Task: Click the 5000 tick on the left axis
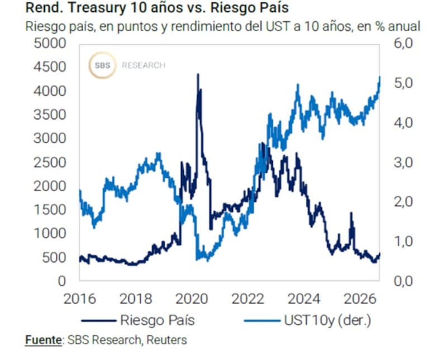coord(50,44)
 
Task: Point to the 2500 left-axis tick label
coord(50,163)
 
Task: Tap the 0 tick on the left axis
coord(62,281)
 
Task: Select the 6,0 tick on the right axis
coord(403,44)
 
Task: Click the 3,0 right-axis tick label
coord(403,163)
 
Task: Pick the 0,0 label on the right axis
coord(403,281)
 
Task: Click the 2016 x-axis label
coord(79,299)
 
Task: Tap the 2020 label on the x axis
coord(192,299)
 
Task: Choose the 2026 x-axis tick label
coord(360,299)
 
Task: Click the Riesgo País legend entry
coord(138,320)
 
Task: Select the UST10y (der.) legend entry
coord(308,320)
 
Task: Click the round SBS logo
coord(102,65)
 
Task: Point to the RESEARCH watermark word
coord(144,65)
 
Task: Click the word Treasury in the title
coord(97,8)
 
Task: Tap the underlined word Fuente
coord(44,340)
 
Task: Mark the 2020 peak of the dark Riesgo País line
coord(198,74)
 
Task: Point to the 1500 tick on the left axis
coord(50,210)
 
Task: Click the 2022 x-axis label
coord(248,299)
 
